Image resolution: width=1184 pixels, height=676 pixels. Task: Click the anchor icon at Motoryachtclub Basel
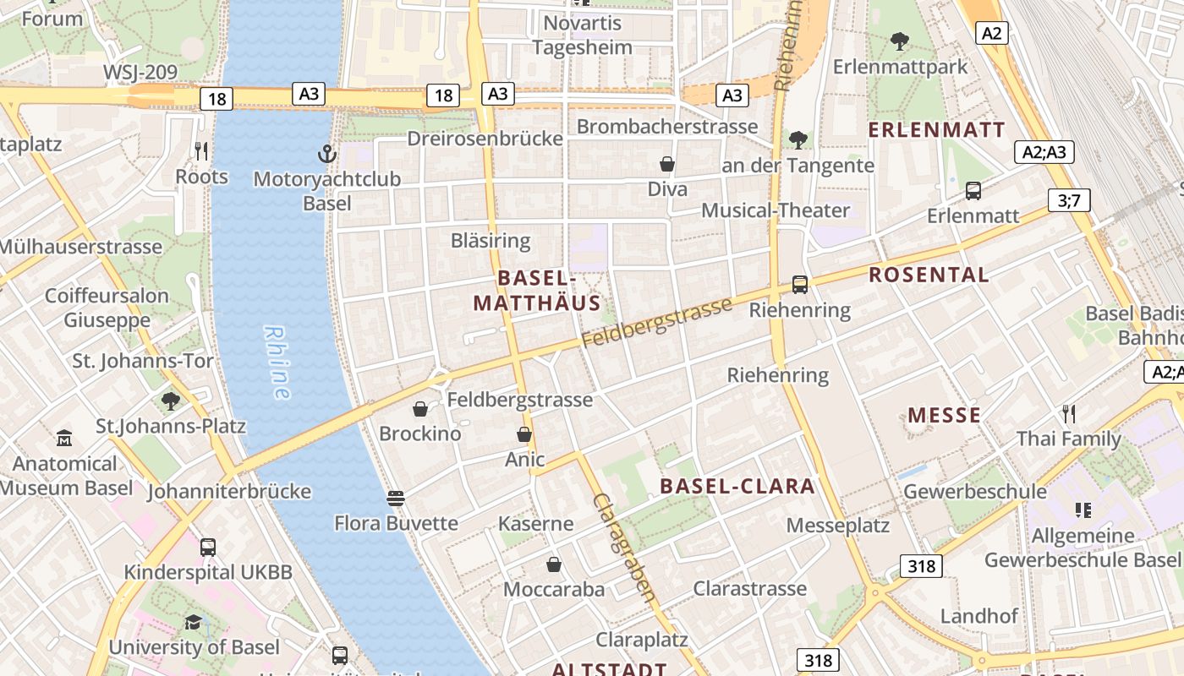[x=326, y=154]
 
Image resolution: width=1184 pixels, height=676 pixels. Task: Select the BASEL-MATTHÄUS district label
[x=536, y=291]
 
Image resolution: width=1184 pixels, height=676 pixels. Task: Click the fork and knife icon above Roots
[x=201, y=151]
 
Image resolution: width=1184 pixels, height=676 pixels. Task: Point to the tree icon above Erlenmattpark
[x=900, y=41]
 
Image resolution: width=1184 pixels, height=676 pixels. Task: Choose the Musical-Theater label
[x=776, y=210]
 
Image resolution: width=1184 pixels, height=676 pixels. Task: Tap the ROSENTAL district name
[x=929, y=275]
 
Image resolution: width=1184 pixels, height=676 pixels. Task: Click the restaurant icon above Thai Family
[x=1069, y=414]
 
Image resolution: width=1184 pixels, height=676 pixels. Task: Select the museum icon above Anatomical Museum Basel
[x=64, y=439]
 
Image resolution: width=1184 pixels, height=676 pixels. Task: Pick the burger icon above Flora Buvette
[x=395, y=498]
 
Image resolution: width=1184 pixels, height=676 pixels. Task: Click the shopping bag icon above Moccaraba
[x=554, y=564]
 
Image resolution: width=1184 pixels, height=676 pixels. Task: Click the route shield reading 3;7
[x=1069, y=200]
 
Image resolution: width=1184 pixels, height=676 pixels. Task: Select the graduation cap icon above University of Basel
[x=194, y=623]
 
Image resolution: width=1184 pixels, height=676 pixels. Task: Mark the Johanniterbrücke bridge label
[x=229, y=491]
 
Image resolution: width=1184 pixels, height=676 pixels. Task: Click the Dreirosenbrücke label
[x=485, y=139]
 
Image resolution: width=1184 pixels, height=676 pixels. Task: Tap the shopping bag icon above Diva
[x=667, y=164]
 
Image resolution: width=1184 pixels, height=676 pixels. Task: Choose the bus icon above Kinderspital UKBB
[x=208, y=548]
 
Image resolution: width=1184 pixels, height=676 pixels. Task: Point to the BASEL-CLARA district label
[x=737, y=486]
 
